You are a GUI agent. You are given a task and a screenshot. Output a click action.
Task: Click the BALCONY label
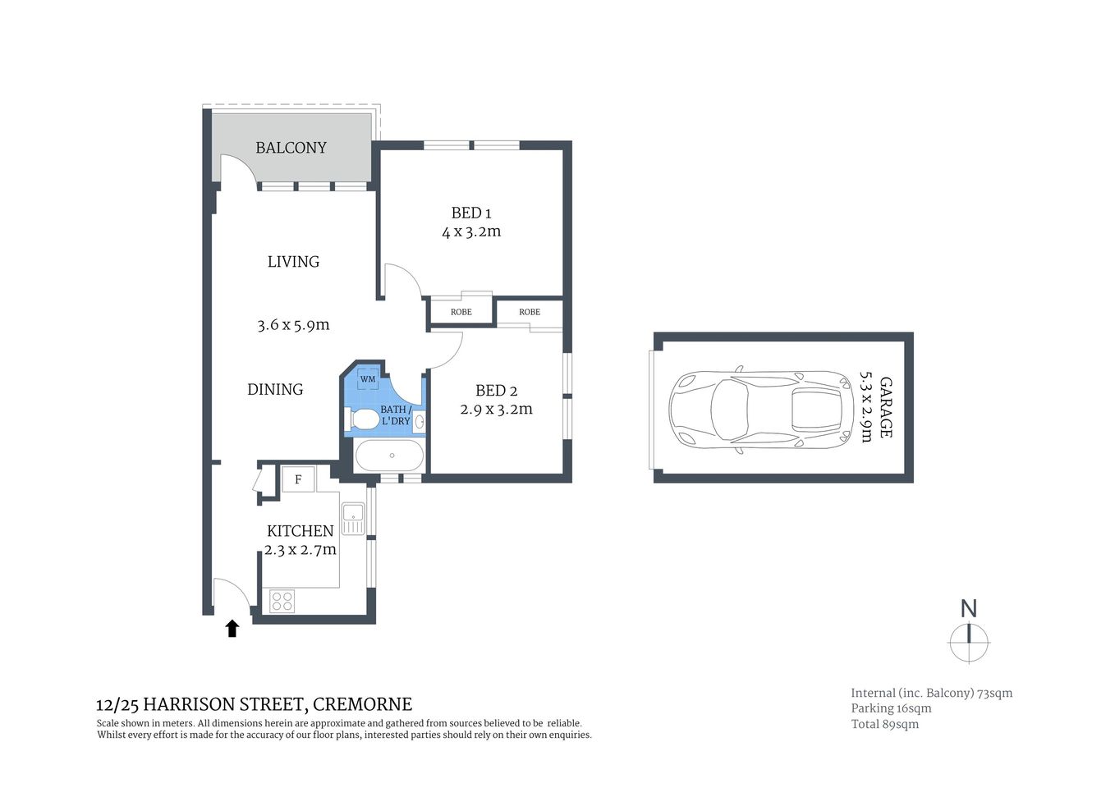[x=291, y=148]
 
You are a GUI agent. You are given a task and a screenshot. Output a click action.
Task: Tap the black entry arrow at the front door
[x=232, y=629]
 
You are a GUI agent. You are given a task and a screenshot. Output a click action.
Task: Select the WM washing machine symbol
[x=368, y=379]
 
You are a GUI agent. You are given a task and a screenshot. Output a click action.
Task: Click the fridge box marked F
[x=298, y=479]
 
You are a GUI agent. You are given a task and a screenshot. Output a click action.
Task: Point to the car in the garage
[x=761, y=408]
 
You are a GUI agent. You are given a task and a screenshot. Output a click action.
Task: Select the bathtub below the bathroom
[x=390, y=456]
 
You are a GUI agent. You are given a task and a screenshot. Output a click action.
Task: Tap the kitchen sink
[x=354, y=518]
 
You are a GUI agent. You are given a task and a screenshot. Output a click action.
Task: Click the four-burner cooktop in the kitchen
[x=282, y=602]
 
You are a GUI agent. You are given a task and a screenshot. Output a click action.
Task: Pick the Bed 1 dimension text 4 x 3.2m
[x=471, y=231]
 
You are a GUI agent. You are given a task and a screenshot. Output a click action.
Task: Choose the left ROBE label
[x=461, y=312]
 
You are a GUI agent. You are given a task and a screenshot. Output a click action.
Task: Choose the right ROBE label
[x=530, y=312]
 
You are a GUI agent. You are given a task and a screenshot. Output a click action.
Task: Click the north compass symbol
[x=970, y=641]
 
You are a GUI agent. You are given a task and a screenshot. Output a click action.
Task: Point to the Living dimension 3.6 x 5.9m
[x=293, y=325]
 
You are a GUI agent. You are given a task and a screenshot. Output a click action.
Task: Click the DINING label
[x=275, y=390]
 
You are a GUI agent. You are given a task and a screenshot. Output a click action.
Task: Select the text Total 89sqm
[x=884, y=724]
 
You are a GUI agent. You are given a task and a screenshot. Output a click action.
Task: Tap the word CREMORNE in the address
[x=363, y=704]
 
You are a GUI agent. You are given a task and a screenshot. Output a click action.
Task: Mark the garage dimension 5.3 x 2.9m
[x=865, y=407]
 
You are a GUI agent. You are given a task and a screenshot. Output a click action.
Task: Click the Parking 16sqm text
[x=891, y=708]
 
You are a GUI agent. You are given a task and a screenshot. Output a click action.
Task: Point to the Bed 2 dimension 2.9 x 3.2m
[x=496, y=409]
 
